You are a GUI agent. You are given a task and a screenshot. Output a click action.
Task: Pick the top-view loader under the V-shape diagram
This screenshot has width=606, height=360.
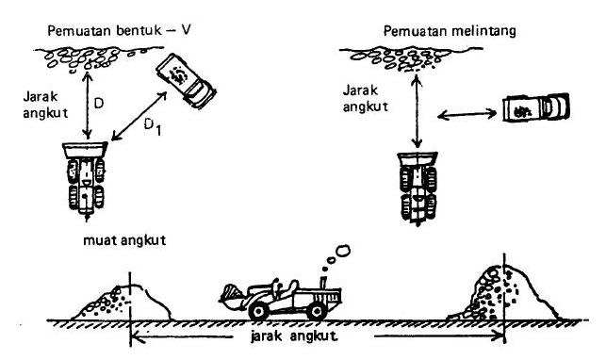pos(86,176)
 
